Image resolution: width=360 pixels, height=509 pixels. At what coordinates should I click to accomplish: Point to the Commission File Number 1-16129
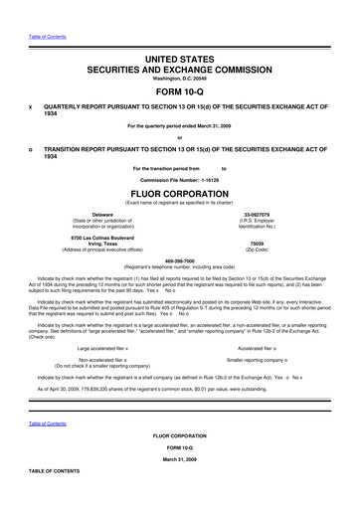[x=180, y=179]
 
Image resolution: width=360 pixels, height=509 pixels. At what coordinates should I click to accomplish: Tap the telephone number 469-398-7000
[x=180, y=261]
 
